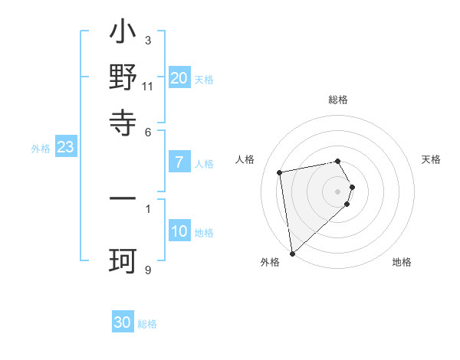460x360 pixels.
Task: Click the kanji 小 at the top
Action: pyautogui.click(x=123, y=35)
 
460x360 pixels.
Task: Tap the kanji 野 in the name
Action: pyautogui.click(x=123, y=79)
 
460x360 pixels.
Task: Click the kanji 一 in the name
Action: pyautogui.click(x=123, y=198)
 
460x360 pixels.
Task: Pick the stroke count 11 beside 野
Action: pyautogui.click(x=148, y=86)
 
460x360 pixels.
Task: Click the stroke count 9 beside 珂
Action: pyautogui.click(x=148, y=270)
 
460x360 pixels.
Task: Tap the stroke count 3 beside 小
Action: pyautogui.click(x=148, y=40)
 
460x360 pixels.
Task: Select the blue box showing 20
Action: pyautogui.click(x=179, y=77)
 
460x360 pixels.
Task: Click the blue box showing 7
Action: pyautogui.click(x=179, y=162)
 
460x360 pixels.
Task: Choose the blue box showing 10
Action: pyautogui.click(x=179, y=231)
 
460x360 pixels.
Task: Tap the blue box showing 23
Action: pyautogui.click(x=65, y=148)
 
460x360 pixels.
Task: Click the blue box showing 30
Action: pyautogui.click(x=123, y=322)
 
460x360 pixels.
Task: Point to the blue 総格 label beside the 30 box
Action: pyautogui.click(x=147, y=324)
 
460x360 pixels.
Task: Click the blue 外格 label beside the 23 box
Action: pyautogui.click(x=40, y=149)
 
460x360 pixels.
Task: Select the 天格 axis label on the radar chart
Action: pyautogui.click(x=431, y=159)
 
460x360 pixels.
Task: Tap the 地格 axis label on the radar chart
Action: pyautogui.click(x=402, y=262)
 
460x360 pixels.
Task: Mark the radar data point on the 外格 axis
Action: pyautogui.click(x=291, y=254)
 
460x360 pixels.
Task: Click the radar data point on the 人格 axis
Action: pyautogui.click(x=280, y=172)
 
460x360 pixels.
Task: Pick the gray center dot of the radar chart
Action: pyautogui.click(x=338, y=190)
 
